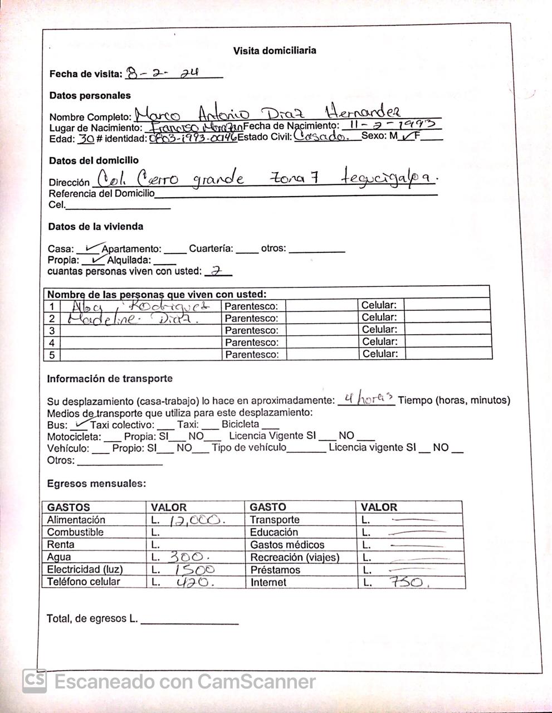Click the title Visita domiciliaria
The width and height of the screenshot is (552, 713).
[275, 51]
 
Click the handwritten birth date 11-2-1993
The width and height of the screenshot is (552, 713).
[392, 124]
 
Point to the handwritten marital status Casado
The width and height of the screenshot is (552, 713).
[321, 136]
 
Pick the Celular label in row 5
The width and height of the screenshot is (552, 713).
[380, 354]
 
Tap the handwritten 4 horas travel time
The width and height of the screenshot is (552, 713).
[368, 399]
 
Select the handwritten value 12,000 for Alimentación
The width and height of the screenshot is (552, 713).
[196, 520]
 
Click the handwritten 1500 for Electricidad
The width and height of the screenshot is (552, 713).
[193, 569]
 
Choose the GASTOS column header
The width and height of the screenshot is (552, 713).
[68, 507]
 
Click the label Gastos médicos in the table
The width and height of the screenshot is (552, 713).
[287, 545]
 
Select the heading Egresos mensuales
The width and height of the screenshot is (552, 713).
[96, 484]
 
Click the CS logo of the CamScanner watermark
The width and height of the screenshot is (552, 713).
[34, 681]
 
